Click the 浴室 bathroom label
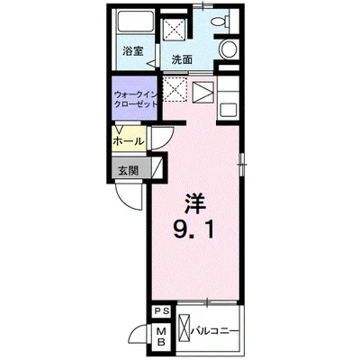[132, 51]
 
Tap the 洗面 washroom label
[182, 60]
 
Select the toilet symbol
[220, 21]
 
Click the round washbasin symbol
[229, 49]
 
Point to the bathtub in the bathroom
[136, 22]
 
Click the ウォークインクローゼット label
[136, 99]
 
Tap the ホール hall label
[129, 140]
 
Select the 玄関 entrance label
[128, 170]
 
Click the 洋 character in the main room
[195, 203]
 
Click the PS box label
[162, 311]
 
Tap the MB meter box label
[162, 337]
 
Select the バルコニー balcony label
[215, 331]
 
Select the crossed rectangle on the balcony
[184, 330]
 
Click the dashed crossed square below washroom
[175, 89]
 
